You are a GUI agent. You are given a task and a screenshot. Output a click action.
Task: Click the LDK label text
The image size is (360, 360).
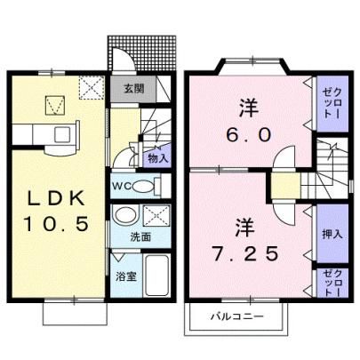(x=56, y=198)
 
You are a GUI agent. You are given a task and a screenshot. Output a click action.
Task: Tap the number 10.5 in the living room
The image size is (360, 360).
(x=56, y=224)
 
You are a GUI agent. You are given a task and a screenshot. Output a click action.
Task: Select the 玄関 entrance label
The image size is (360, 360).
(x=133, y=88)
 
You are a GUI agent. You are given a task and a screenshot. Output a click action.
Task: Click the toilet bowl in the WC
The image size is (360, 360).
(x=143, y=187)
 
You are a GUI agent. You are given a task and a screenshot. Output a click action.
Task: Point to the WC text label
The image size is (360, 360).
(x=122, y=187)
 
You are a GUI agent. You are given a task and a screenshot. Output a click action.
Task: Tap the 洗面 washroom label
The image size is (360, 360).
(x=140, y=237)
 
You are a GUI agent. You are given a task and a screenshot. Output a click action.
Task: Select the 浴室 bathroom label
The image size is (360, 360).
(x=126, y=276)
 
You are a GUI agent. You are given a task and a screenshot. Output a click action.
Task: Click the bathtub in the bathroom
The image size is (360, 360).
(x=156, y=275)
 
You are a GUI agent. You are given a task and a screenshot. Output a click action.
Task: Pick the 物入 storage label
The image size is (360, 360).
(x=158, y=159)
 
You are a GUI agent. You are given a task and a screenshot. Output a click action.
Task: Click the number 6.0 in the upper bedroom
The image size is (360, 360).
(x=249, y=135)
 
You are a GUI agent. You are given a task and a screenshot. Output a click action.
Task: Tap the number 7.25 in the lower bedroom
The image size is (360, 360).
(x=245, y=253)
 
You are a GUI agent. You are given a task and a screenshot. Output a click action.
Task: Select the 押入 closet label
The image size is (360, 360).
(x=332, y=235)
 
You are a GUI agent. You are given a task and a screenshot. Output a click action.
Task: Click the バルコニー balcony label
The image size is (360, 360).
(x=237, y=316)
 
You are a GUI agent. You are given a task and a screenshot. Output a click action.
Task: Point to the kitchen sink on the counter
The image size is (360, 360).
(x=63, y=135)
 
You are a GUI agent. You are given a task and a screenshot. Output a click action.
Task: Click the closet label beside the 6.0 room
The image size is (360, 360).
(x=332, y=104)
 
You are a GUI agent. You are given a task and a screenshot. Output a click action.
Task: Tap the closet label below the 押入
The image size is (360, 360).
(x=332, y=283)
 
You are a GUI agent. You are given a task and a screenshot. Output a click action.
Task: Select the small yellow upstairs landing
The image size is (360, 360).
(x=286, y=186)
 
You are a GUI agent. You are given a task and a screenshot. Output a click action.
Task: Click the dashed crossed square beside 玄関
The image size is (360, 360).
(x=92, y=88)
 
